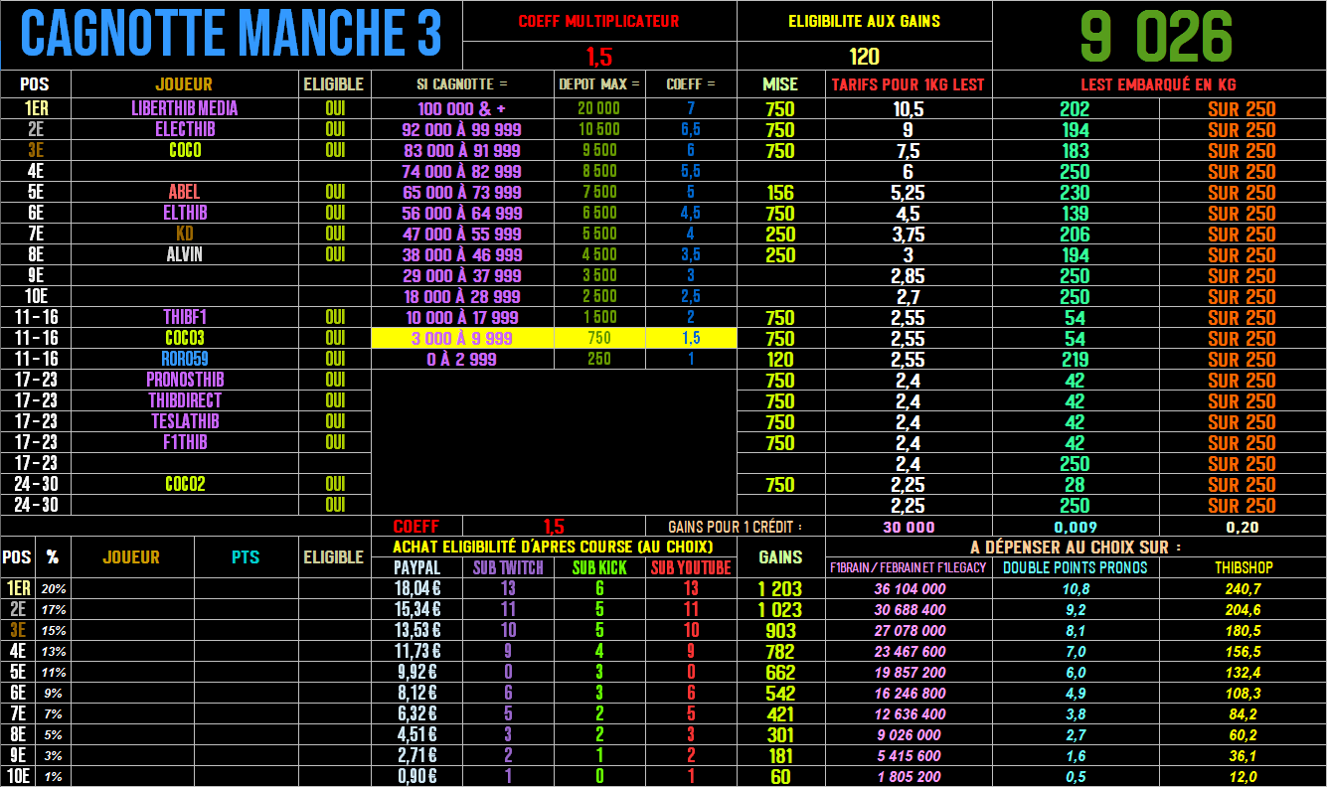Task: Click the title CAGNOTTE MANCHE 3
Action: click(231, 35)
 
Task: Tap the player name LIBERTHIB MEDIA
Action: click(185, 108)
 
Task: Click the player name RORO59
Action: click(185, 359)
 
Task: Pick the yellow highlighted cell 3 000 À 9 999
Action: click(461, 338)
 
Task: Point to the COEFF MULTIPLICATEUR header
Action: click(598, 21)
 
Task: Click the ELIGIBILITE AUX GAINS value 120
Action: click(864, 56)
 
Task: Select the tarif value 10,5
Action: click(909, 109)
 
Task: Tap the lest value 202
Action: click(1075, 109)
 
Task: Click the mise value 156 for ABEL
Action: click(780, 193)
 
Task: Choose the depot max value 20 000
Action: click(598, 108)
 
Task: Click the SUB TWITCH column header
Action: click(508, 567)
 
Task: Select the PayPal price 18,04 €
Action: click(418, 588)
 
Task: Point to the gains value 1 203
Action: click(780, 588)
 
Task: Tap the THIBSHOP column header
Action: click(1243, 567)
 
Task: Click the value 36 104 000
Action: click(910, 588)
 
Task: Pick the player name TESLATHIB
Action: click(185, 421)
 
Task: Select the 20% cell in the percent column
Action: click(54, 589)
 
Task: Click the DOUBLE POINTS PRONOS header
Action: click(1075, 567)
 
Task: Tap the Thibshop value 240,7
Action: click(1243, 588)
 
